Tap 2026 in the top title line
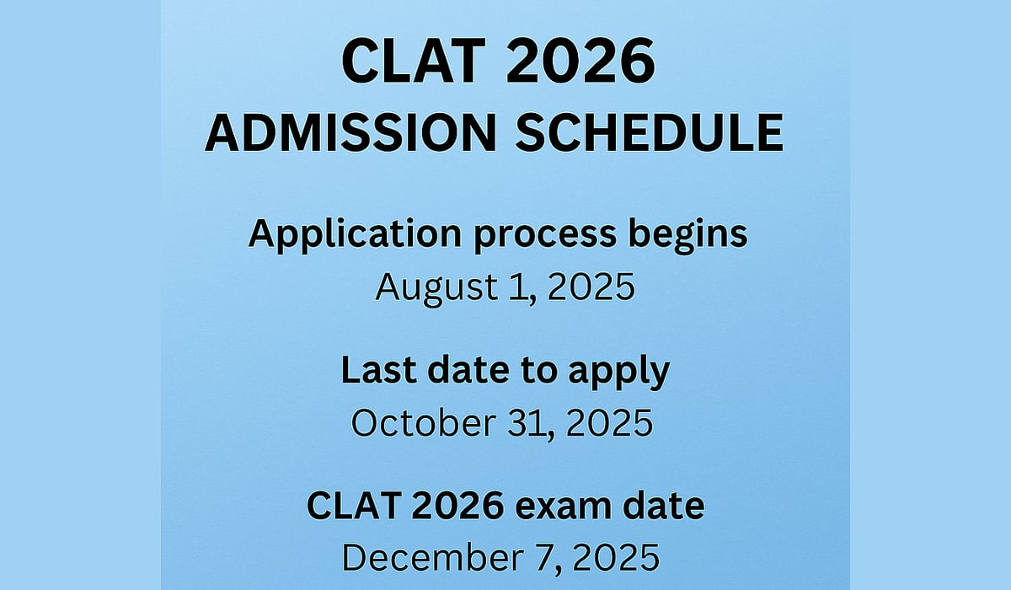point(580,61)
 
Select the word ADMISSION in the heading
point(350,133)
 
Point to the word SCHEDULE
point(650,133)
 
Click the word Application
point(355,235)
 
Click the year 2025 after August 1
point(591,287)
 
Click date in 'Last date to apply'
point(468,370)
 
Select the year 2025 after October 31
point(609,423)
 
